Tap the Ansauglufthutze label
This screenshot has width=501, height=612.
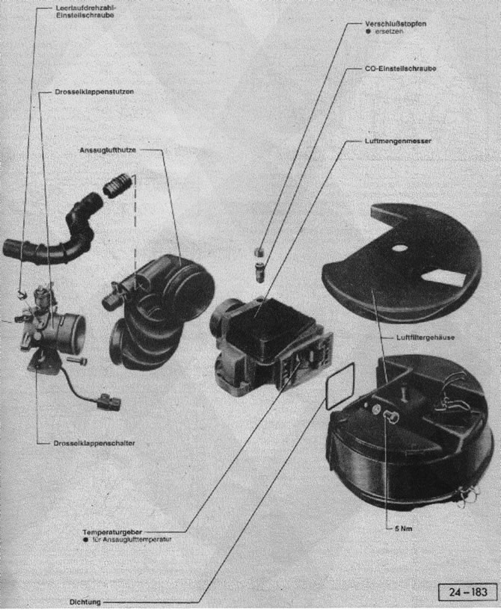[108, 149]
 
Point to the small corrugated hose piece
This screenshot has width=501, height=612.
[119, 184]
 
